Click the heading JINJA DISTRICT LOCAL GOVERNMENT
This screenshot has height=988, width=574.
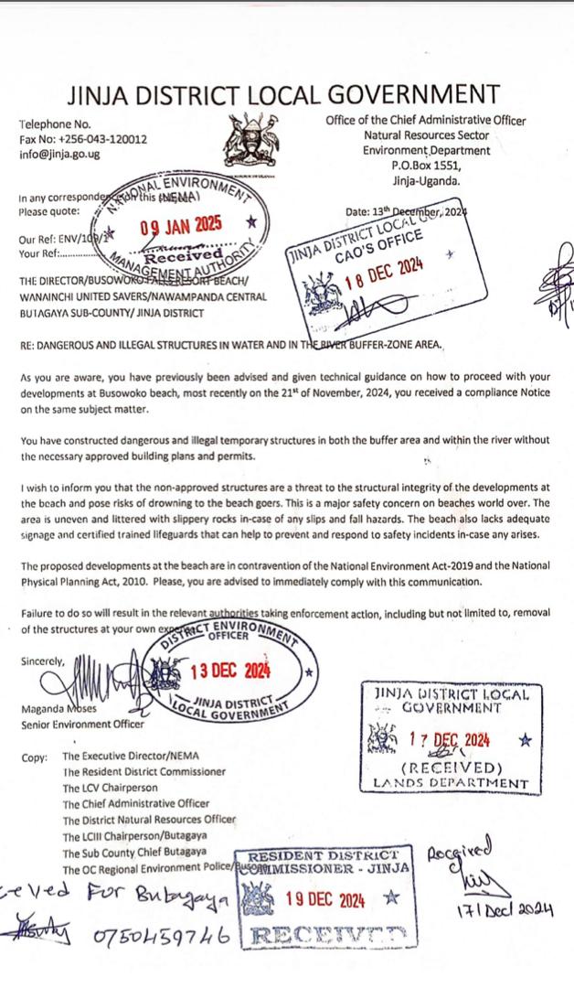(282, 94)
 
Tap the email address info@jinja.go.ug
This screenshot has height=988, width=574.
(59, 154)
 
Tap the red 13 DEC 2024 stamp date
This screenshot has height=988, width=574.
(230, 670)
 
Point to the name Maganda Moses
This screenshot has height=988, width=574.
(57, 710)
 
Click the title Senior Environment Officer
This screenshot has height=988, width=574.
(81, 725)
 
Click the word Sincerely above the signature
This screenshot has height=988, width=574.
(42, 660)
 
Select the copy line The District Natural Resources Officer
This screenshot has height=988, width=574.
(149, 820)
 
